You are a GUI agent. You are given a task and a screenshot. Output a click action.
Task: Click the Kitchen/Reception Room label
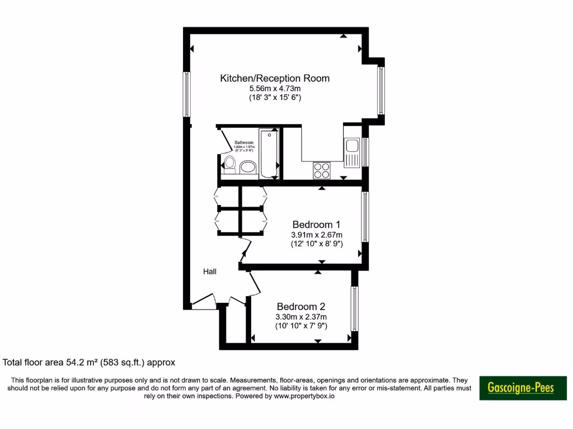point(275,78)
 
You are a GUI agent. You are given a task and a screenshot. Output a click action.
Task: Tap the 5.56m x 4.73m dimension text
point(275,88)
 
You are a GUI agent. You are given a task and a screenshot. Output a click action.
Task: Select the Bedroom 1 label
point(317,225)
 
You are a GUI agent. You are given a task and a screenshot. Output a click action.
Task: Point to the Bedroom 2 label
point(301,307)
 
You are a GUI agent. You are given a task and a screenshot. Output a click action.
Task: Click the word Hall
point(210,271)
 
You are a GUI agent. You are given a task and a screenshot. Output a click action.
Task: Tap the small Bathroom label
point(244,142)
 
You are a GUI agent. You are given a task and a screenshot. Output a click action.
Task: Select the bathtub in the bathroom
point(269,153)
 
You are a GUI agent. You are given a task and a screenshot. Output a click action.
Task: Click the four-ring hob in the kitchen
point(321,169)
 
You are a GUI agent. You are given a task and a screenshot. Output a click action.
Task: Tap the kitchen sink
point(352,146)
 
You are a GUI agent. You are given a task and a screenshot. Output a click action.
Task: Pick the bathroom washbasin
point(247,166)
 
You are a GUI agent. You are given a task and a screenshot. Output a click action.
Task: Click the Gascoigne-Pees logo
point(523,388)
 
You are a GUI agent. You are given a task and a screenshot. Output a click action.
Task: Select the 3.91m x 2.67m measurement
point(317,235)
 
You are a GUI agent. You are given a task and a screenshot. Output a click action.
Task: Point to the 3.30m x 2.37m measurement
point(301,317)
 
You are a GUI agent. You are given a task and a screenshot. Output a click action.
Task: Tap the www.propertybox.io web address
point(304,396)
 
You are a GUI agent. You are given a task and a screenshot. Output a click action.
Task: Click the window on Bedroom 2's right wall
point(354,309)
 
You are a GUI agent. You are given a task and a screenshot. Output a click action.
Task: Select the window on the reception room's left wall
point(187,94)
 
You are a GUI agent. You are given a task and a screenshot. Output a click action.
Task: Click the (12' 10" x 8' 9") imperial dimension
point(317,244)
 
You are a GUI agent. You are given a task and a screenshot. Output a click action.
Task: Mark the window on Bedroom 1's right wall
point(365,217)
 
